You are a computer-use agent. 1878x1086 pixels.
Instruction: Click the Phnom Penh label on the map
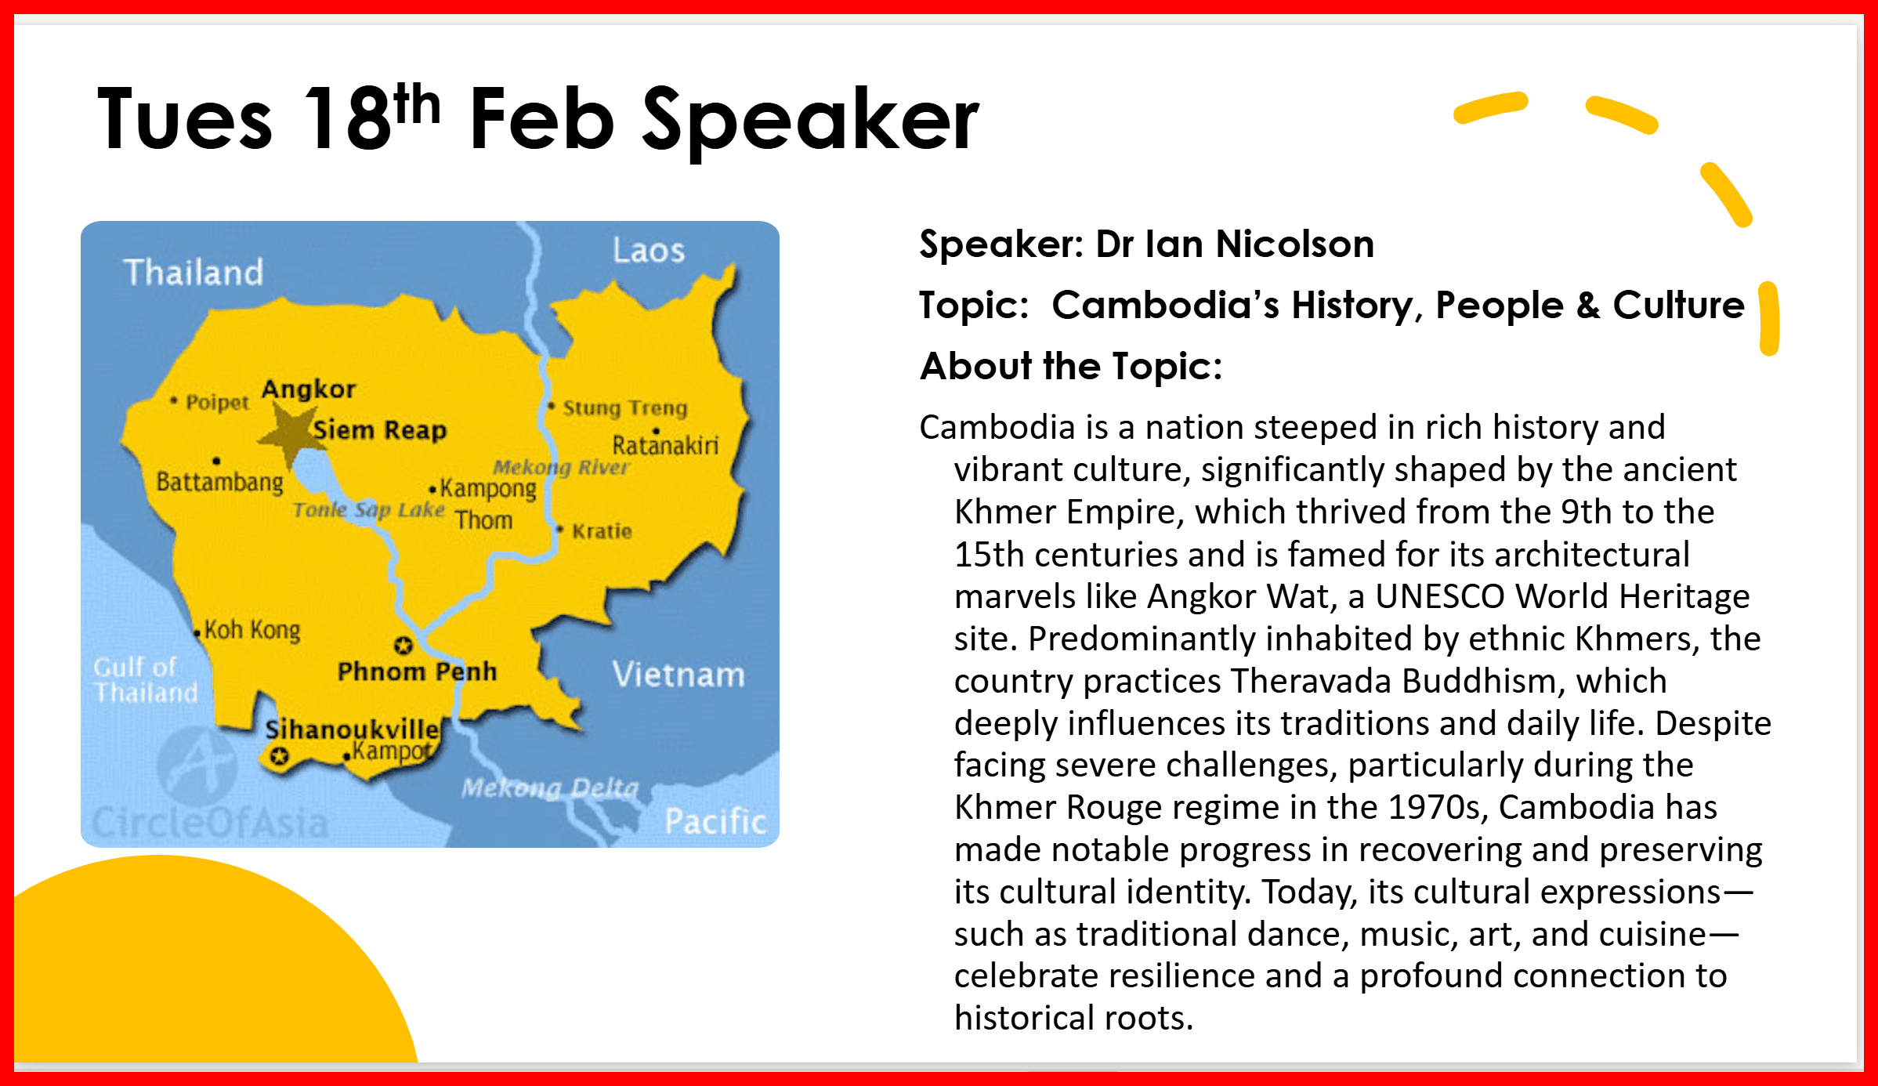417,672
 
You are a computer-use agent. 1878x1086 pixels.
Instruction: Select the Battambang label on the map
219,481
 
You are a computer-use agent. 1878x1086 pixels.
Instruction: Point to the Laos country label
649,251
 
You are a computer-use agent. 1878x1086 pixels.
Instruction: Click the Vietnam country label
678,675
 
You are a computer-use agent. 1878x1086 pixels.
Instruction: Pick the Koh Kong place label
252,630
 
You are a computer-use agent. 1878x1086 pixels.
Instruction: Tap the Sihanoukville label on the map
352,729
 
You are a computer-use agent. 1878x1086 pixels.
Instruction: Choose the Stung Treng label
624,408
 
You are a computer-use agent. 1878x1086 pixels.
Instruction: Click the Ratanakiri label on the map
665,446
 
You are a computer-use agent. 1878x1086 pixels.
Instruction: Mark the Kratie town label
602,531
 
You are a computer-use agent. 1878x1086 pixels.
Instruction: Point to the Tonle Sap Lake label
368,510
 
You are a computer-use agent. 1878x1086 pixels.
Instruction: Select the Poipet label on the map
217,402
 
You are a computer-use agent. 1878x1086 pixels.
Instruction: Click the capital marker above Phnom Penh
403,646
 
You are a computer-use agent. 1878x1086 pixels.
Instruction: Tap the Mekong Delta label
550,787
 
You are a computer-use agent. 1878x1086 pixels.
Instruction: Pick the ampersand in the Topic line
1588,305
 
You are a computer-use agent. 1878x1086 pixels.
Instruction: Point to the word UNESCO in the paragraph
1440,596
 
